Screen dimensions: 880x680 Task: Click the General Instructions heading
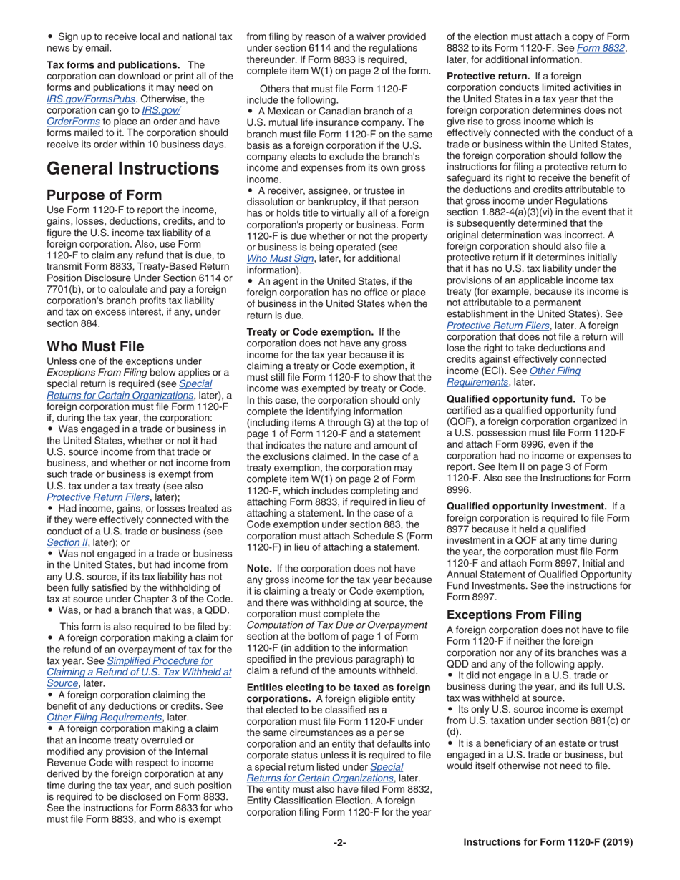pos(132,169)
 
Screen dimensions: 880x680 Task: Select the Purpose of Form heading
pos(104,195)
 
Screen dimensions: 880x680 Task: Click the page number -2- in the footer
pos(339,842)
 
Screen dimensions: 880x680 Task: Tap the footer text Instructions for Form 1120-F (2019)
pos(548,842)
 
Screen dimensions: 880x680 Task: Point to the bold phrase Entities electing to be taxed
pos(338,687)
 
